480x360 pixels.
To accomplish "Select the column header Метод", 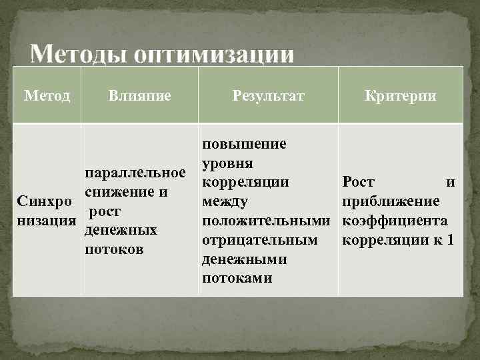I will pyautogui.click(x=47, y=96).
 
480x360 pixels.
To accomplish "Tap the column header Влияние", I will pyautogui.click(x=139, y=96).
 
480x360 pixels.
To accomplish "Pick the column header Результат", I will pyautogui.click(x=268, y=96).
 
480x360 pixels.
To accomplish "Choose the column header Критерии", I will pyautogui.click(x=400, y=96).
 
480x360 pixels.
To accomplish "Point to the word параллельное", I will pyautogui.click(x=135, y=174).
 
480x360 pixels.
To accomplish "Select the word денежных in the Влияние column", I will pyautogui.click(x=122, y=231).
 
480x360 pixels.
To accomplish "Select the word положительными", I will pyautogui.click(x=267, y=220).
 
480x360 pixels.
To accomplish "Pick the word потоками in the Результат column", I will pyautogui.click(x=237, y=278).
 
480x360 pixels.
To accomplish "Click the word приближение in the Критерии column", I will pyautogui.click(x=390, y=201).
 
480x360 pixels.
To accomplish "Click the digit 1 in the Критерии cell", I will pyautogui.click(x=451, y=239).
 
